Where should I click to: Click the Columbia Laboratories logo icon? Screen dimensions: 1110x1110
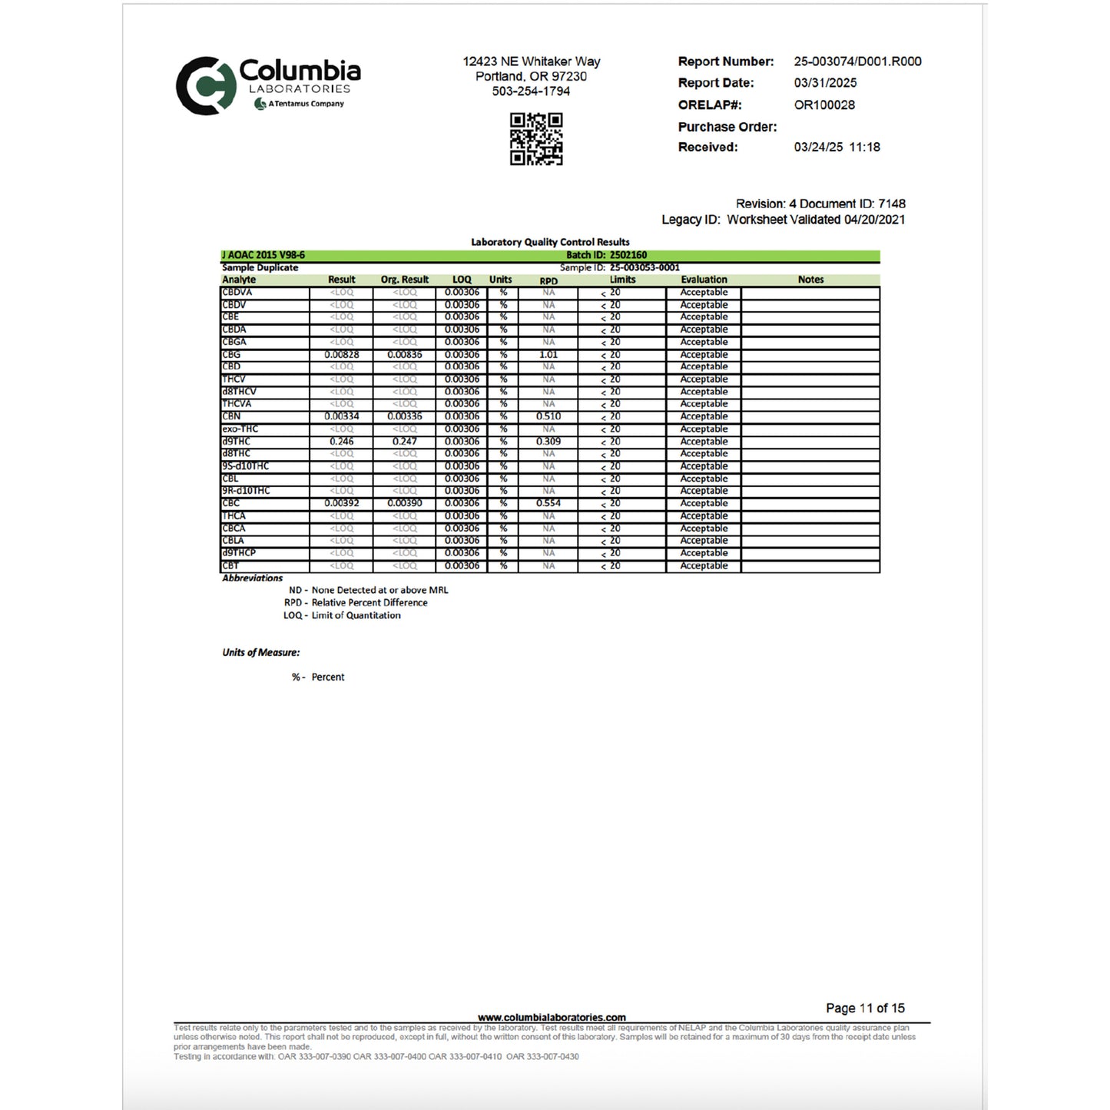205,85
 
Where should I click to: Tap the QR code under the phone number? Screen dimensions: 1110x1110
536,139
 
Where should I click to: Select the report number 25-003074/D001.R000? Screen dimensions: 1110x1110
857,61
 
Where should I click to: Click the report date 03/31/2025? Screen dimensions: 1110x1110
825,83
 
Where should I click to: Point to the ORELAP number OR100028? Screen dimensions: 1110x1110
824,105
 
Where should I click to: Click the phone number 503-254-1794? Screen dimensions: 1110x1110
531,91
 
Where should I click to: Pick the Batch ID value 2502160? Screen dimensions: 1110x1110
628,255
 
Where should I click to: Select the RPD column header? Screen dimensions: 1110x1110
548,280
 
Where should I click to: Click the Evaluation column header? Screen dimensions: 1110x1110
704,280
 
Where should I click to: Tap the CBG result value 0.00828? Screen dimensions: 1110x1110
342,355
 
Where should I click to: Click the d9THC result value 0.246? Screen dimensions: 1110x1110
342,442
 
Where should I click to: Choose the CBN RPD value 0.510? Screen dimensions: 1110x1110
548,416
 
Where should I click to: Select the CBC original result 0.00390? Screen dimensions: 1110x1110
405,503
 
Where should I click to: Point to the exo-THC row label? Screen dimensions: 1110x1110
240,429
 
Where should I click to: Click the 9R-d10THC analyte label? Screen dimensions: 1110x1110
246,491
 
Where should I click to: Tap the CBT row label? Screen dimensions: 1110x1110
230,565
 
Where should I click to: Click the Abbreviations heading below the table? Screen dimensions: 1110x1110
253,578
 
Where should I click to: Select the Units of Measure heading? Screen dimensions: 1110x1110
261,653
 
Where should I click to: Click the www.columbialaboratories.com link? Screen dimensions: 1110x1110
552,1017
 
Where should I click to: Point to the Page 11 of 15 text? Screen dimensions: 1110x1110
865,1008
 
